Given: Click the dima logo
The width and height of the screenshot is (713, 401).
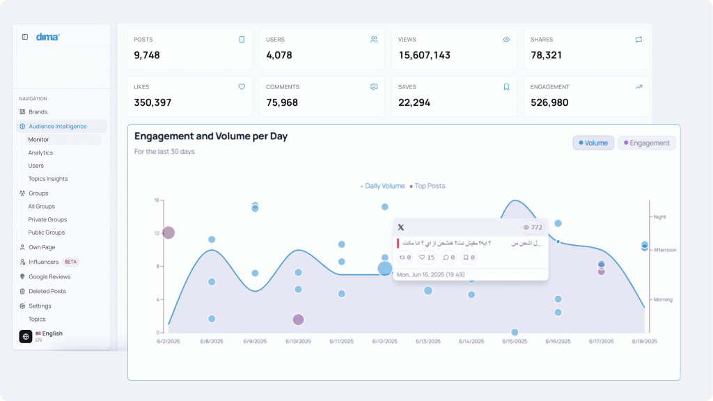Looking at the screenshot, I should click(x=48, y=37).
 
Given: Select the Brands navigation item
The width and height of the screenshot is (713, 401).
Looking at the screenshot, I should click(x=38, y=112).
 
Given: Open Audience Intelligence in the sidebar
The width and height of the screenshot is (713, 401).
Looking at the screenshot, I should click(x=57, y=127).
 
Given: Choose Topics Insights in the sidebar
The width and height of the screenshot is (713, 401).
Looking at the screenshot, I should click(x=48, y=179).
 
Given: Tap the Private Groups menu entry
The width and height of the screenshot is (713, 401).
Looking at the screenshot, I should click(x=47, y=219).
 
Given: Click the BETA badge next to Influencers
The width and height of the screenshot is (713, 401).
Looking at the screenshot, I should click(x=70, y=262).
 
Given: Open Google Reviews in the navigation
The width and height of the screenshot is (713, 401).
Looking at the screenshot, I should click(x=49, y=277).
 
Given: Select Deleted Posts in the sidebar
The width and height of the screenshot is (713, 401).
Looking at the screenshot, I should click(x=47, y=292).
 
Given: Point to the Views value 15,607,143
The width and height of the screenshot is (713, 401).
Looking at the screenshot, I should click(x=424, y=55).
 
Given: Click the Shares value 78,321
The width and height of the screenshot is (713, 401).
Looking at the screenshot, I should click(x=546, y=55).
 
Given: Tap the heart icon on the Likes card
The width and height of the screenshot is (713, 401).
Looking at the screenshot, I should click(x=242, y=87).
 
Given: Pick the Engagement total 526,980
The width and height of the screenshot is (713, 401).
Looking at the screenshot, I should click(x=549, y=102).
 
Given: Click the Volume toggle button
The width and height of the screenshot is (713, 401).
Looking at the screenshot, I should click(x=593, y=143).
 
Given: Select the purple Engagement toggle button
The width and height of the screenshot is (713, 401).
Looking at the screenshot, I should click(x=647, y=143).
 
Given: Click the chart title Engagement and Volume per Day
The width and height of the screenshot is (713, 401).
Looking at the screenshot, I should click(x=210, y=136).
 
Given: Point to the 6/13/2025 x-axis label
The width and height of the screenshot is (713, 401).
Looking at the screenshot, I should click(x=428, y=342).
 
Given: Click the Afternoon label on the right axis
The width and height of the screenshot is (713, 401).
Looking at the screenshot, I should click(x=665, y=250).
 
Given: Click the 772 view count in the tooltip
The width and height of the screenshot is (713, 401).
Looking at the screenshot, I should click(x=535, y=228).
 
